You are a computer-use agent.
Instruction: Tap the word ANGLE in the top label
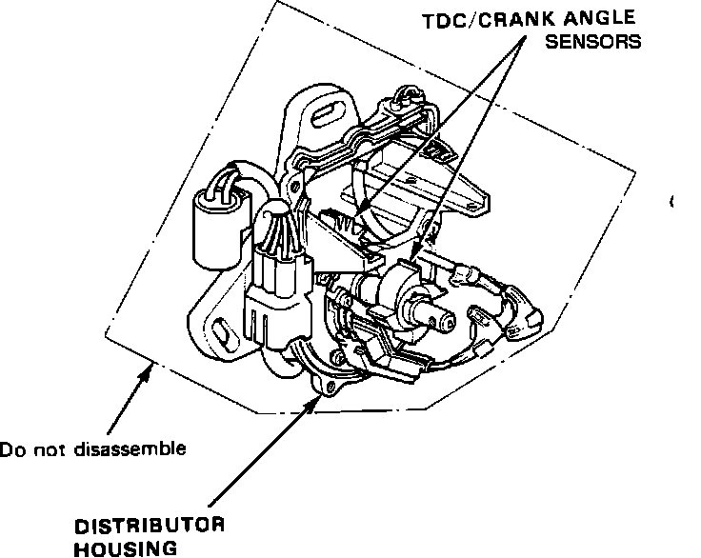(x=602, y=20)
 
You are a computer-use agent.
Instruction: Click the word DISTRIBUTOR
(x=150, y=526)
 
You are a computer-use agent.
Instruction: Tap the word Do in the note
(x=11, y=448)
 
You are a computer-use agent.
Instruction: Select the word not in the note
(x=49, y=448)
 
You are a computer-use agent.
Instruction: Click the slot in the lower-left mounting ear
(x=219, y=333)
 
